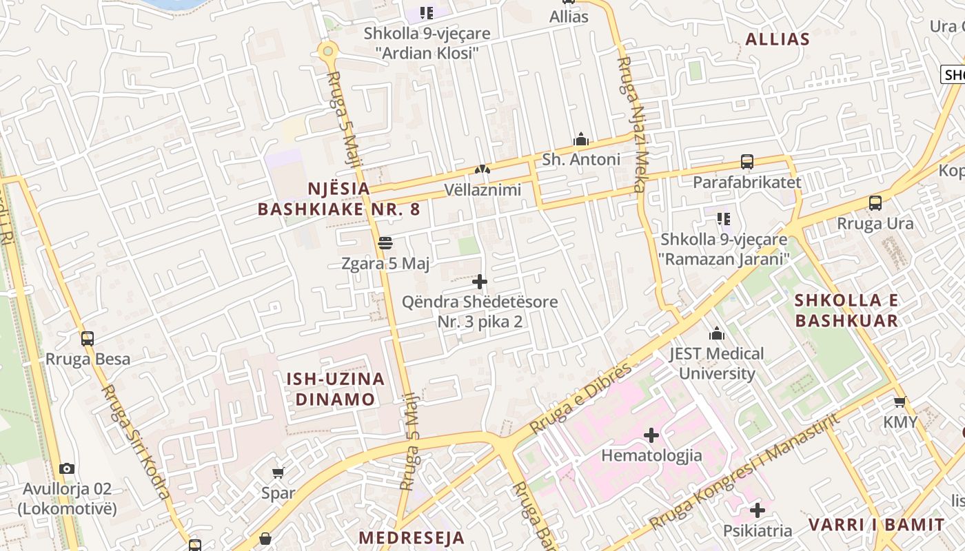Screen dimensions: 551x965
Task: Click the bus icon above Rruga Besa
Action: click(x=88, y=338)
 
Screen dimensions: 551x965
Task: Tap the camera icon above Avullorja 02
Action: click(x=67, y=469)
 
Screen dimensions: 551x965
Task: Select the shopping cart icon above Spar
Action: click(x=278, y=472)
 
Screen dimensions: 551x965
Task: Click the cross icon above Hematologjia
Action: click(x=651, y=435)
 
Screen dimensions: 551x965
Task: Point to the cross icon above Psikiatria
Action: click(x=758, y=510)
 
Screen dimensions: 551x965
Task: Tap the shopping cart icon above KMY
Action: click(x=900, y=402)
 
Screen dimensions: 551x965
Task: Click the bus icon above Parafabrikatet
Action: click(x=747, y=162)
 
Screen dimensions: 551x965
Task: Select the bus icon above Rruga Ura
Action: click(x=875, y=203)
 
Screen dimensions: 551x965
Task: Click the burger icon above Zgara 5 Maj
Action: click(x=385, y=243)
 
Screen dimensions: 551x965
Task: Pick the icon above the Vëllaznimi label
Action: click(x=482, y=169)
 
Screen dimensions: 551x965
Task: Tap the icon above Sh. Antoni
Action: click(x=581, y=139)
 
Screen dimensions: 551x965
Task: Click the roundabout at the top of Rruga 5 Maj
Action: click(x=327, y=50)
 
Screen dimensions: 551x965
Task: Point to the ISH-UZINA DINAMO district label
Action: click(x=336, y=388)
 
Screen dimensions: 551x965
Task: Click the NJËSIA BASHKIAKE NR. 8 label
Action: click(x=338, y=199)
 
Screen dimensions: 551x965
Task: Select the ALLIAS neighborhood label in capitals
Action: click(x=777, y=39)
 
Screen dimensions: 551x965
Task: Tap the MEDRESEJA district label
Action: click(x=412, y=537)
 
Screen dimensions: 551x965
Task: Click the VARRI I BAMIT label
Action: click(x=875, y=524)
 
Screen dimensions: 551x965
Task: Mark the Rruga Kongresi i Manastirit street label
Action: click(x=744, y=472)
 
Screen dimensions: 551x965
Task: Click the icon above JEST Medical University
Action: click(x=717, y=334)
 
